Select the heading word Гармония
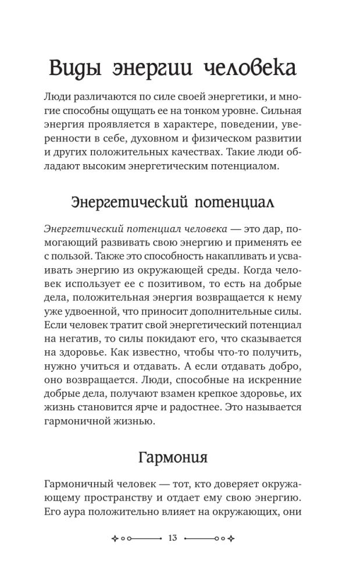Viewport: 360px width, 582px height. [173, 456]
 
